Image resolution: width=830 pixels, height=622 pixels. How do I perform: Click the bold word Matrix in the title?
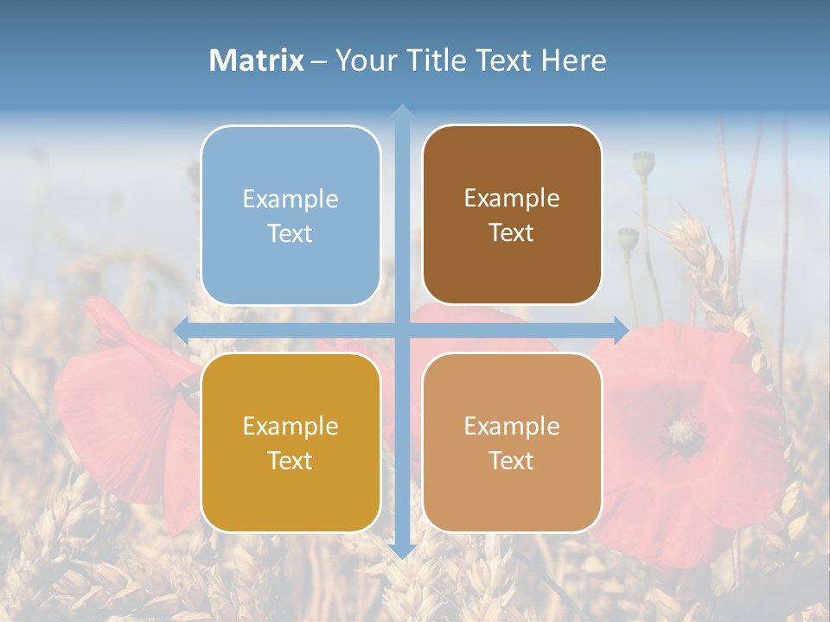[x=257, y=60]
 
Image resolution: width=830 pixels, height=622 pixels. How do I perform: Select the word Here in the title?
[x=573, y=60]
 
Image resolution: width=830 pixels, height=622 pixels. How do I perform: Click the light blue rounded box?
[x=290, y=215]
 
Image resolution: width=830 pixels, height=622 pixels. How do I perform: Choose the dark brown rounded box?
[x=512, y=215]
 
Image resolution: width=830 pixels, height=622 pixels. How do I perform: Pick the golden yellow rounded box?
[x=290, y=442]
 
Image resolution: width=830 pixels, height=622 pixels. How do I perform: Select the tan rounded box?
[x=512, y=442]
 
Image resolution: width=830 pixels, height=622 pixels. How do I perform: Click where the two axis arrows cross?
[x=401, y=330]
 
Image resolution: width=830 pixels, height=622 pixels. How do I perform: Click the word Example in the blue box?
[x=290, y=199]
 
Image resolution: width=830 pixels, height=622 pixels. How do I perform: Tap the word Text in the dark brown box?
[x=512, y=233]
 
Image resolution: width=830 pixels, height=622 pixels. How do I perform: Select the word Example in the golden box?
[x=290, y=426]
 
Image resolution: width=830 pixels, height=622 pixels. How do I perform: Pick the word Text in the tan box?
[x=512, y=460]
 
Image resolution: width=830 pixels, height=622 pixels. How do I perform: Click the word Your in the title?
[x=364, y=60]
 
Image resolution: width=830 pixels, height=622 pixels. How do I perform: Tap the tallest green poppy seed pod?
[x=643, y=162]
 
